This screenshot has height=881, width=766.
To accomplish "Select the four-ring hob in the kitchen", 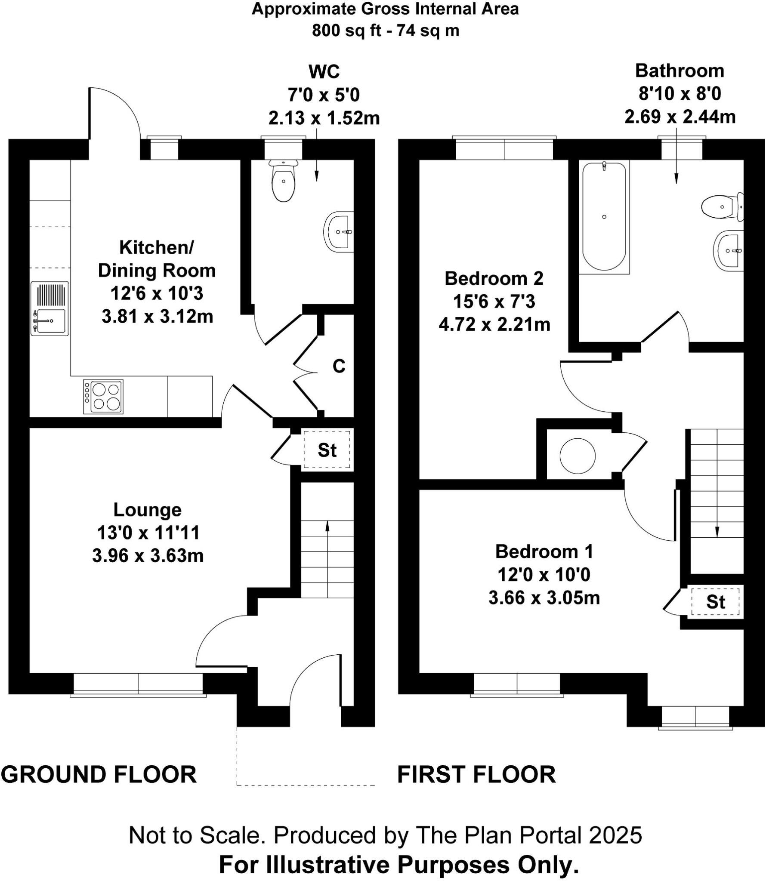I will click(103, 397).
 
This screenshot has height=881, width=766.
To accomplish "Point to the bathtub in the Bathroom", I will click(604, 217).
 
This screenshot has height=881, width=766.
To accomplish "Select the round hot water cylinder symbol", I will click(578, 455).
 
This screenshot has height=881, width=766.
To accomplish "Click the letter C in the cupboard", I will click(339, 367).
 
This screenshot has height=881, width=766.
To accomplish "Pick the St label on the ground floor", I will click(327, 450).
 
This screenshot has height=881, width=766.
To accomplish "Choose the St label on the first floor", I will click(715, 602).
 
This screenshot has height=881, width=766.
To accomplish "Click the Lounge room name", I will click(148, 510).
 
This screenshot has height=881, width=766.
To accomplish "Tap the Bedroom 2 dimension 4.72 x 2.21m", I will click(494, 324).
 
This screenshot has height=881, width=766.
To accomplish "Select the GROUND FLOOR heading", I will click(99, 774).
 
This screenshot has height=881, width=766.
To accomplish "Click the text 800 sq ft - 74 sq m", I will click(385, 31).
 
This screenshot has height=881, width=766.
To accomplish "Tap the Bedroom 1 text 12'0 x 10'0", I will click(544, 575).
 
